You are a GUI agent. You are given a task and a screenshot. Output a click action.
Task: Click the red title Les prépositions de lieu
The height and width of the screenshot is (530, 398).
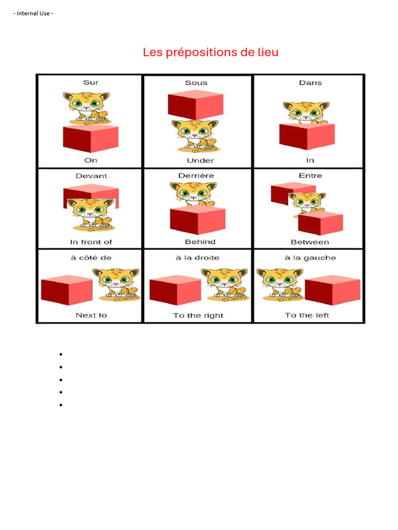coord(210,52)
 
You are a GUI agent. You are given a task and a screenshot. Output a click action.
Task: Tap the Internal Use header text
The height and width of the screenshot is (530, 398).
coord(33,13)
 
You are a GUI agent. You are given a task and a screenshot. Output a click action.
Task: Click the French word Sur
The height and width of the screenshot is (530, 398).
coord(91,82)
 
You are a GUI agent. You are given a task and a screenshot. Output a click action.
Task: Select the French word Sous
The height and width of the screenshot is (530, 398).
coord(196,83)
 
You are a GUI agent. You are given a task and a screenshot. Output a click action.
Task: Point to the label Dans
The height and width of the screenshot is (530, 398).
coord(310,82)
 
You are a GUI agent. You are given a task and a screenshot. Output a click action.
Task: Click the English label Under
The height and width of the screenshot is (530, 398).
coord(200,160)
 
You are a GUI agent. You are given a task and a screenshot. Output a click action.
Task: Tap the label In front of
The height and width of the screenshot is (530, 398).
coord(91,242)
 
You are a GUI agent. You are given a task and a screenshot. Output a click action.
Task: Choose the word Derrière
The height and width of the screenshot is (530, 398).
coord(196,176)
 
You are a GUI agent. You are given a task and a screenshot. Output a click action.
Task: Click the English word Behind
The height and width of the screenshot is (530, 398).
coord(200,242)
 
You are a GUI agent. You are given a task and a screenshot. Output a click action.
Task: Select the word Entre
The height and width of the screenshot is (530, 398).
coord(310,176)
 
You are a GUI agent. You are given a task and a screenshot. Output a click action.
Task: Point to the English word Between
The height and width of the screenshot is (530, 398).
coord(309,242)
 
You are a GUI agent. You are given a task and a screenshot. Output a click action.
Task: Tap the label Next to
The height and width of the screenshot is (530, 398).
coord(91,315)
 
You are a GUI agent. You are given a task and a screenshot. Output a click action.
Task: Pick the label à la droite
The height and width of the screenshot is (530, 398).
coord(197,258)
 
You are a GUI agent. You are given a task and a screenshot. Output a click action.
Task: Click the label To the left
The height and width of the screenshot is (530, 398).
coord(307,315)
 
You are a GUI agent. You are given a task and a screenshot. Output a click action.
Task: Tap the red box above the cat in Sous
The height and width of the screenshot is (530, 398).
coord(195,104)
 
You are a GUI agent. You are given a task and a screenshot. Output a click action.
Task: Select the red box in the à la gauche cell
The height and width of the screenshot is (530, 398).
coord(332,290)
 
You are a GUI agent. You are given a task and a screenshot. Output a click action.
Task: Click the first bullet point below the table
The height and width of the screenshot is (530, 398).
coord(61,355)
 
